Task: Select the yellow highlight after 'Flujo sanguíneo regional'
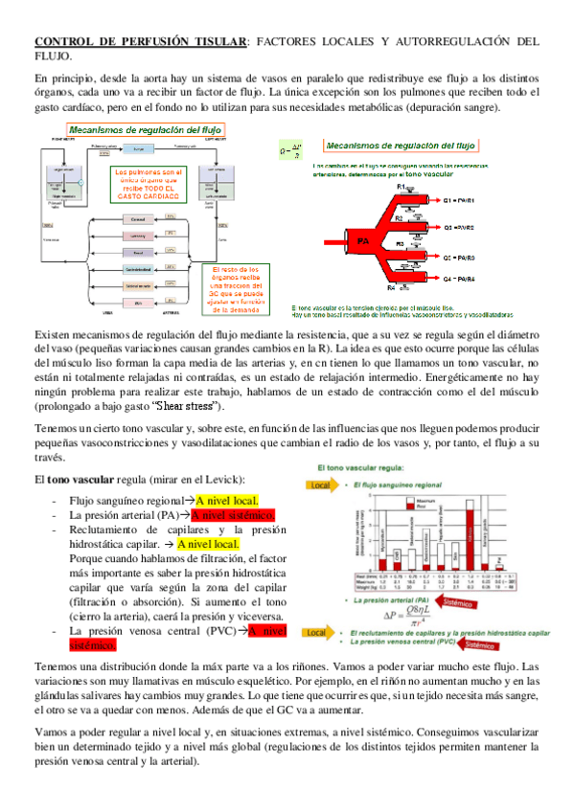232,500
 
